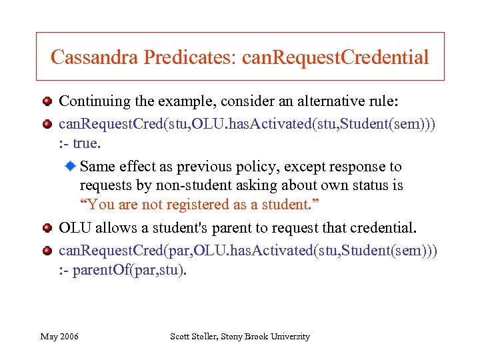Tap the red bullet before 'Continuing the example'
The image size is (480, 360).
(47, 102)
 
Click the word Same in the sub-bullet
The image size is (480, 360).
(97, 167)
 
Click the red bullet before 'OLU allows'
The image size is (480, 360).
(47, 229)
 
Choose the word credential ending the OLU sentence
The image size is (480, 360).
(381, 229)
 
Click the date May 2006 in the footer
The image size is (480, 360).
(59, 337)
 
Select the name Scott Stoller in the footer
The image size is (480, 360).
(198, 337)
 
